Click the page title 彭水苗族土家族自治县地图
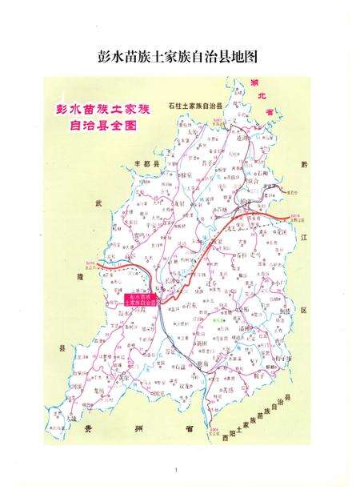pyautogui.click(x=179, y=57)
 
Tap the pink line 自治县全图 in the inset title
pyautogui.click(x=87, y=123)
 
